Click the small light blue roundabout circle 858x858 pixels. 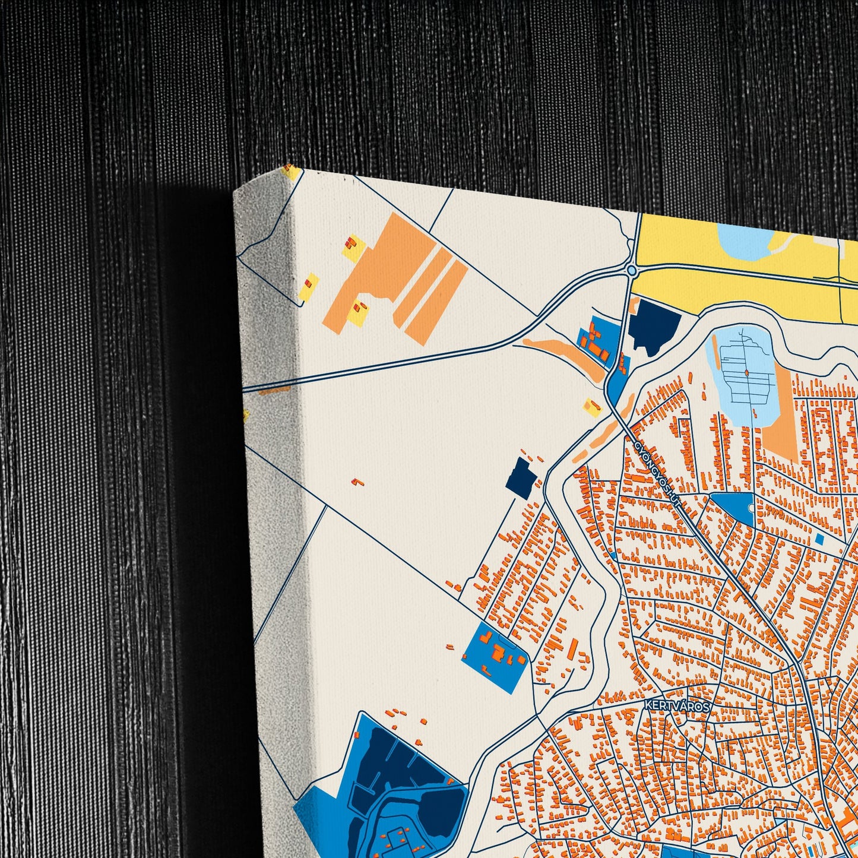(631, 271)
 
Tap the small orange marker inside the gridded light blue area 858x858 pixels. (746, 373)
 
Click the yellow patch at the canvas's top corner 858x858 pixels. (292, 172)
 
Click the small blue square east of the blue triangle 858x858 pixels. (820, 539)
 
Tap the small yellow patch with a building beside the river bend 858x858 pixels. (592, 407)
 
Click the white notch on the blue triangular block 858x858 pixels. (752, 508)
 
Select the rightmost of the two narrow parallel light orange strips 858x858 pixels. (437, 302)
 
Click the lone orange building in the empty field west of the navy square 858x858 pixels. (357, 482)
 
